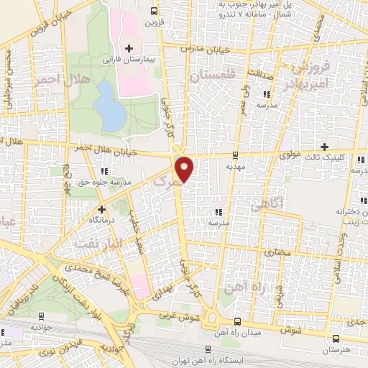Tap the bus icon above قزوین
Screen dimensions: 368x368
point(155,11)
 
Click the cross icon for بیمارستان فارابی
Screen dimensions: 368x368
point(129,49)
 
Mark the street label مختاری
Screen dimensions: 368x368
point(275,253)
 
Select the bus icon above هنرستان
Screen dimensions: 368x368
point(335,338)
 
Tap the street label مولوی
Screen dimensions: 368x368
point(290,154)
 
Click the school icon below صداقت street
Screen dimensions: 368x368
point(267,94)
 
